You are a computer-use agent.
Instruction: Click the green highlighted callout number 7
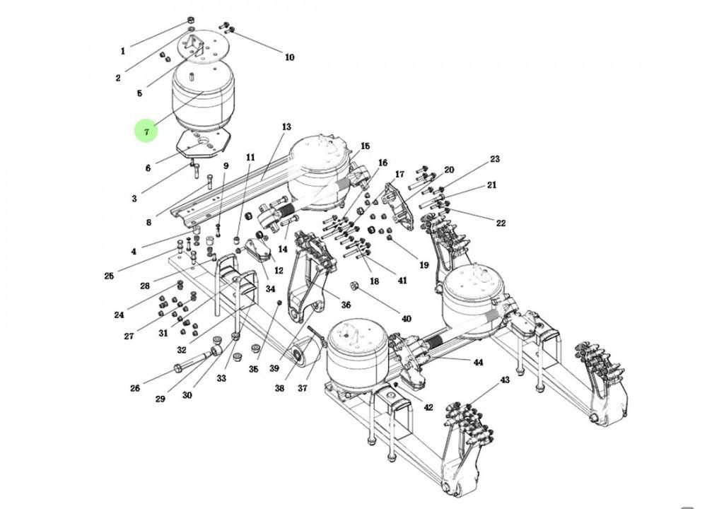146,131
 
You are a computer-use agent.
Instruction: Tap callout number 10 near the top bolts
289,57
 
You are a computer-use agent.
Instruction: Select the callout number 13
286,127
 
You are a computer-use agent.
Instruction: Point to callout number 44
478,362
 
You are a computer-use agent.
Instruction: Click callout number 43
504,380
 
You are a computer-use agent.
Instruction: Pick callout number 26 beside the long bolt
135,387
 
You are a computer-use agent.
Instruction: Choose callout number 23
495,159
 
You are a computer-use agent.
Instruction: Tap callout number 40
406,319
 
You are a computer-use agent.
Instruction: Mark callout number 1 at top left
122,51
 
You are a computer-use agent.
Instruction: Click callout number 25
108,276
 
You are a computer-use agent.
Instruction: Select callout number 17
399,174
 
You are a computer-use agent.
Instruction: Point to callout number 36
346,305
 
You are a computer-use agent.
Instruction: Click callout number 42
428,408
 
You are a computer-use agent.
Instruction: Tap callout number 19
423,265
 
